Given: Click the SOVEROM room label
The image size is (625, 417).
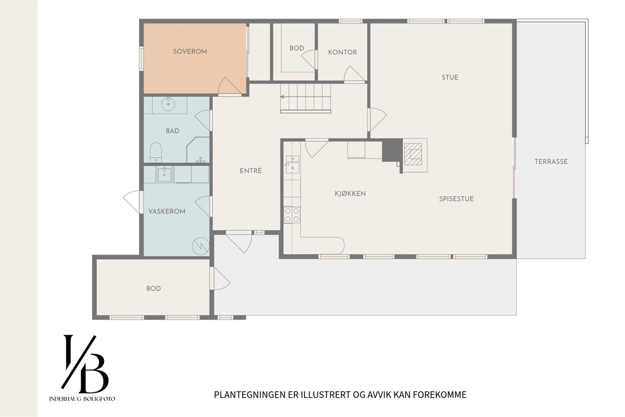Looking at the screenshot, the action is click(x=190, y=52).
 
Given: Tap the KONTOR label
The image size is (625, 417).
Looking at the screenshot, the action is click(x=342, y=53).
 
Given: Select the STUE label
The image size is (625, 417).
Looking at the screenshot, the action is click(x=450, y=77).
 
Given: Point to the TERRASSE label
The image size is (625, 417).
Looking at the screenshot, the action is click(x=551, y=162).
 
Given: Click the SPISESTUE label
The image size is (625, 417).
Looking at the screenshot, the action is click(x=456, y=199).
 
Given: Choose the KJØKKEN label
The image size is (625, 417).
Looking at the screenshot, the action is click(x=350, y=193).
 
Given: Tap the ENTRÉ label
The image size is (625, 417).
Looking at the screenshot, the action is click(x=251, y=171).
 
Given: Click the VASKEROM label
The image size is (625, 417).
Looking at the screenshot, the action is click(x=167, y=211).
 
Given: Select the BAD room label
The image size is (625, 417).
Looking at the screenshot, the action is click(x=173, y=131).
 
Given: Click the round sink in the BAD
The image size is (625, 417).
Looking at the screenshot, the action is click(x=168, y=104).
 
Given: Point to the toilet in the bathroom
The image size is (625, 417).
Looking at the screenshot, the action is click(x=156, y=152).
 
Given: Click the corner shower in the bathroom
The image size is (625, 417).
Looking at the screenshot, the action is click(x=198, y=150).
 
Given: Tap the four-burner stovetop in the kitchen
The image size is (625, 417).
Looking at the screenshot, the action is click(x=292, y=215).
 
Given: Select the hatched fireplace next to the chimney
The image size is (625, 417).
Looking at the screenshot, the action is click(x=413, y=154).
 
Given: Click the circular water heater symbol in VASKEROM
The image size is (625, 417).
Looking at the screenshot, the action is click(x=201, y=246).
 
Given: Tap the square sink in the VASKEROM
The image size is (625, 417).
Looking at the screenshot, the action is click(x=164, y=175).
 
